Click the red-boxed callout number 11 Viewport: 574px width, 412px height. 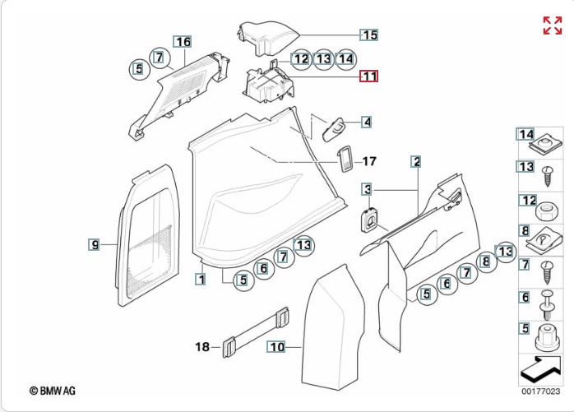pos(368,76)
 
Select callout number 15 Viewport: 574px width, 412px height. pos(368,35)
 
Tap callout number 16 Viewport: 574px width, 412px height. pos(183,42)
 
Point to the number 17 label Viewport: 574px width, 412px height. pos(369,161)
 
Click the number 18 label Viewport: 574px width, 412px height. pos(202,346)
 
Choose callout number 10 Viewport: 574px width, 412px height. pos(276,346)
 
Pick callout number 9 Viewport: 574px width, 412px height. pos(94,244)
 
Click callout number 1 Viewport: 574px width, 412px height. pos(201,280)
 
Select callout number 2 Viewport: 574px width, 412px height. pos(416,161)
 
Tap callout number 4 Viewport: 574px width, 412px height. pos(367,122)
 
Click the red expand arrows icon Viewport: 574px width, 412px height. pos(553,25)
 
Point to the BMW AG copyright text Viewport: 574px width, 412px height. pos(53,391)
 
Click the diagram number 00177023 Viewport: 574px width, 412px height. pos(540,391)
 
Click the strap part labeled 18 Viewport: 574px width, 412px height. pos(256,332)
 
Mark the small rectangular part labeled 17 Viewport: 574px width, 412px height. pos(345,158)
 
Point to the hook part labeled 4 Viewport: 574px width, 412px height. pos(334,129)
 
